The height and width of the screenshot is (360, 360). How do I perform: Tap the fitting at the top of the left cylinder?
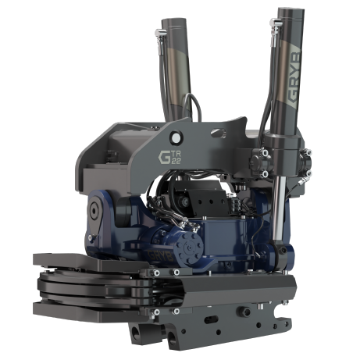pos(160,30)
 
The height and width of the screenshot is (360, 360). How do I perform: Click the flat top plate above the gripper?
pos(70,260)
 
